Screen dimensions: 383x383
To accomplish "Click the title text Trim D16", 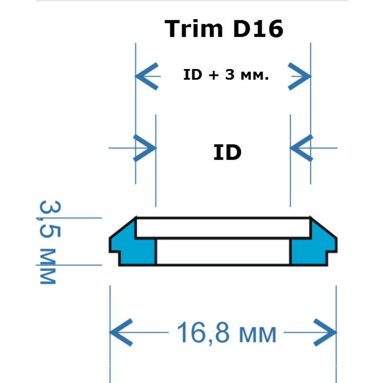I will (x=224, y=29).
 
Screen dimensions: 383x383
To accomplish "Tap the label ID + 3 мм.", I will (x=226, y=75).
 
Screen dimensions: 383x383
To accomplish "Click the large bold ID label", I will (x=228, y=153).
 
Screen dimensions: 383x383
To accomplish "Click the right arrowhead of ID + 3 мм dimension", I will (x=300, y=76).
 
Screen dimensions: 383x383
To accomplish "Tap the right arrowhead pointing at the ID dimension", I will (x=300, y=148).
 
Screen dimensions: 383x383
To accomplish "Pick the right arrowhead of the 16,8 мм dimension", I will (x=326, y=332).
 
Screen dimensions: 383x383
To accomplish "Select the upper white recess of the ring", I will (x=223, y=228).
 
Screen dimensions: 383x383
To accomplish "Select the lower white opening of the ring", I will (x=223, y=252).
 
